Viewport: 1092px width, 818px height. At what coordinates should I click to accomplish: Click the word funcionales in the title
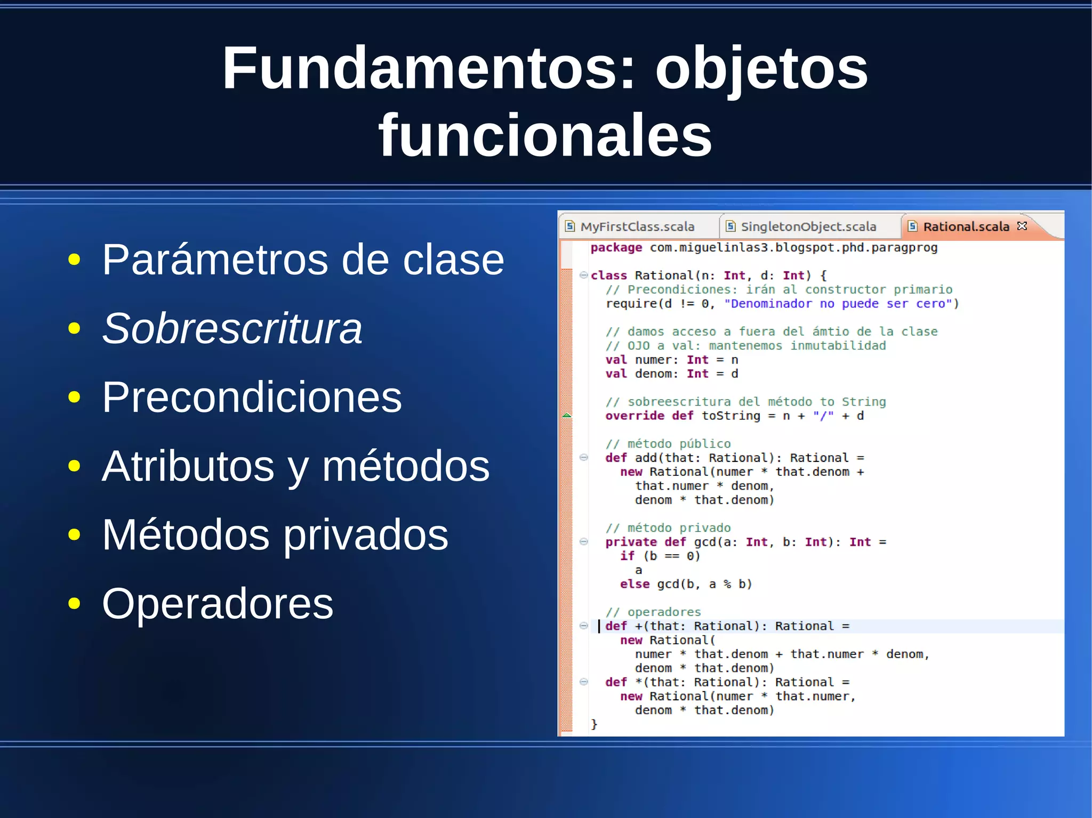click(545, 135)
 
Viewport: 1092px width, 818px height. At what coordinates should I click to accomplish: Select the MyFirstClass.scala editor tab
click(637, 226)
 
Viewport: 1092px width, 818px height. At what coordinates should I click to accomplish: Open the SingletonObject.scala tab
click(808, 226)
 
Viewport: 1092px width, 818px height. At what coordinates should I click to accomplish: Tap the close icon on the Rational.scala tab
click(1022, 226)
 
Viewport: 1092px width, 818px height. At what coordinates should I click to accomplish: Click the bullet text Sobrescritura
click(232, 328)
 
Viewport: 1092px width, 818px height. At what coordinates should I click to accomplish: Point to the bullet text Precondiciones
click(252, 397)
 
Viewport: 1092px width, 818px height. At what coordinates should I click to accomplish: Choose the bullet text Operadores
click(218, 604)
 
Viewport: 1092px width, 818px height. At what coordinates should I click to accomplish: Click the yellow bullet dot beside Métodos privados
click(74, 534)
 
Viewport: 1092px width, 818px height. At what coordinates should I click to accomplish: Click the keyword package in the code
click(616, 248)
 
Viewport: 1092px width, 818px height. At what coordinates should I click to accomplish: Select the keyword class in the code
click(608, 276)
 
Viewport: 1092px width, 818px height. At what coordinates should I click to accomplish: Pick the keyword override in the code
click(634, 416)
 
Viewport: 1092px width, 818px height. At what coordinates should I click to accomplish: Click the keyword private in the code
click(631, 542)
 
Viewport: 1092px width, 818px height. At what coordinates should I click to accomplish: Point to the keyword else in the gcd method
click(635, 584)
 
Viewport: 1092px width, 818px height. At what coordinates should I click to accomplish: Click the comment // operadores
click(653, 612)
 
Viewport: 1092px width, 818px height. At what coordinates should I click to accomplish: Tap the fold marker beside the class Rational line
click(583, 275)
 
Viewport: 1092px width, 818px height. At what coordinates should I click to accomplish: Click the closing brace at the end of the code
click(594, 724)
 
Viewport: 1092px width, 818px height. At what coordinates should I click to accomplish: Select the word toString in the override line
click(730, 416)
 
